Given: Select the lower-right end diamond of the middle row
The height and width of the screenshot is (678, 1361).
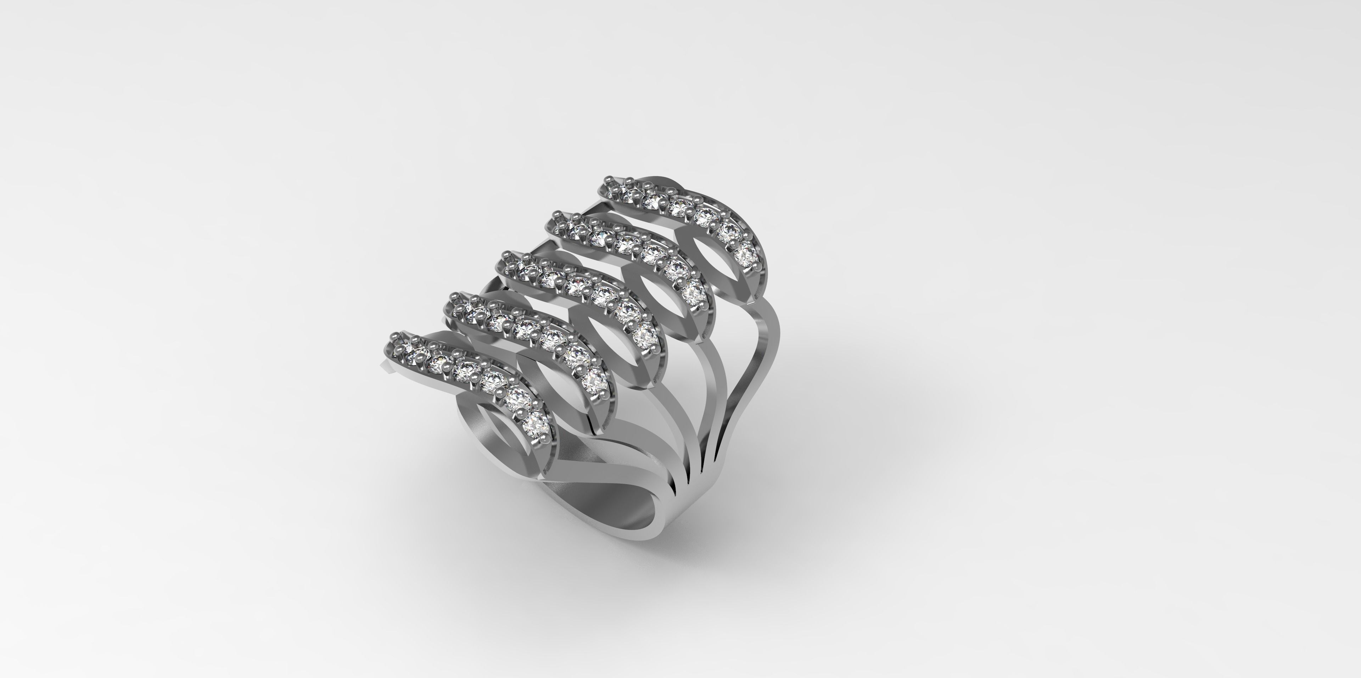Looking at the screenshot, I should (645, 334).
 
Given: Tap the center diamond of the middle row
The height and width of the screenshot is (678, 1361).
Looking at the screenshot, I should (578, 285).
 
